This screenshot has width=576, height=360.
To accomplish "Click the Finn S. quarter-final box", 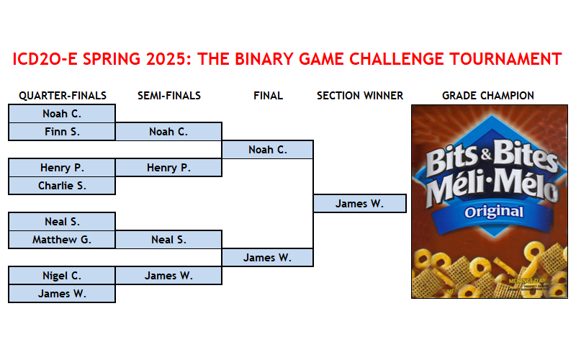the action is pos(62,132).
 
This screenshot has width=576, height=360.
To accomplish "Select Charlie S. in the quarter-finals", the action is pos(62,186).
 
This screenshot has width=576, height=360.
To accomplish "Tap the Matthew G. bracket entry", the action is pos(62,240).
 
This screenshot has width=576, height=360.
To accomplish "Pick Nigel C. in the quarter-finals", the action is pos(62,276).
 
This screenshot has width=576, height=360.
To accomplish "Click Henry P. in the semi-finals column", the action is pos(168,168).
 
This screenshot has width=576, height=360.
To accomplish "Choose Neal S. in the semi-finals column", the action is pos(168,240).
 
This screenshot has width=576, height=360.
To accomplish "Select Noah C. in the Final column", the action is pos(267,150).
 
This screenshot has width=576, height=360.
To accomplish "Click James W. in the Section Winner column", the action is pos(359,204).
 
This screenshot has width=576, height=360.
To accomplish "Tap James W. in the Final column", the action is pos(267,258).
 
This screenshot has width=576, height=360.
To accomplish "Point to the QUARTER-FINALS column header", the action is pos(63,96).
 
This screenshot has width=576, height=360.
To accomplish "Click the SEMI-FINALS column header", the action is pos(169,96).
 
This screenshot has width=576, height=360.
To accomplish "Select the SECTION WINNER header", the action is pos(360,96).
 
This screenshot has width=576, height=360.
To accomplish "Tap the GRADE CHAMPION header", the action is pos(488,96).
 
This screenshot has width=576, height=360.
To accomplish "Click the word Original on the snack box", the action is pos(494,212).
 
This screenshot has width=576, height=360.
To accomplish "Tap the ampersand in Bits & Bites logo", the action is pos(487,154).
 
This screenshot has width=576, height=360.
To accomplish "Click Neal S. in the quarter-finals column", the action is pos(62,222).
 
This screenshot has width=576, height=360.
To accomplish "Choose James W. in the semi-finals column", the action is pos(168,276).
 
